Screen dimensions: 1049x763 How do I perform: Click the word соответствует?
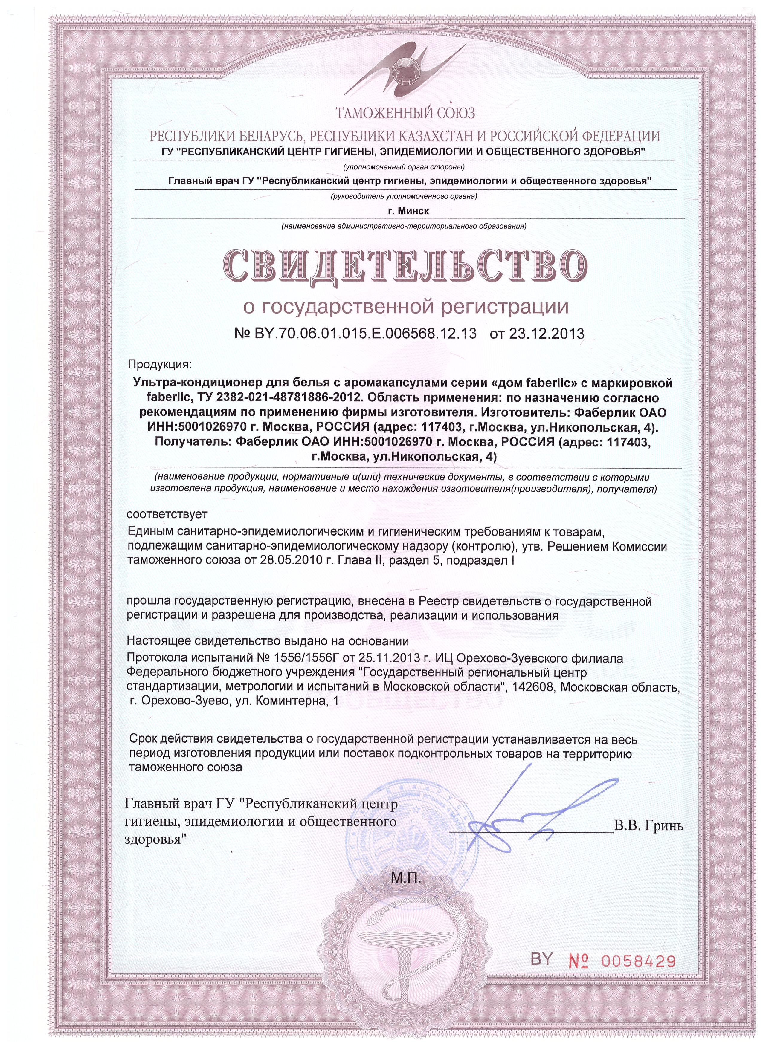point(167,514)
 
